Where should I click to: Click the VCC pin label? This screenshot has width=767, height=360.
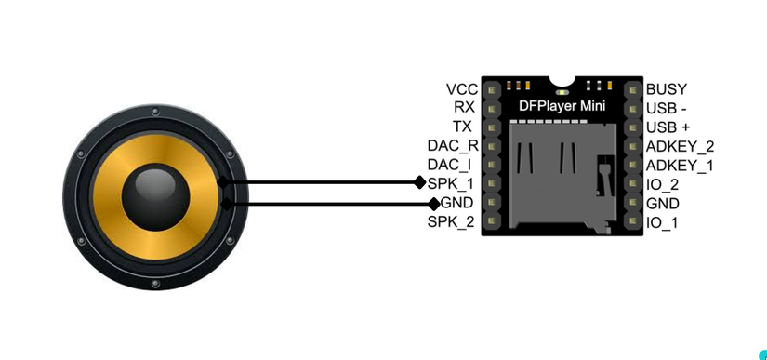point(461,89)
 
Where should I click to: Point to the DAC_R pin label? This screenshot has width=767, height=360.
point(453,146)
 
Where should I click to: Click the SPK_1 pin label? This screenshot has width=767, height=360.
point(451,183)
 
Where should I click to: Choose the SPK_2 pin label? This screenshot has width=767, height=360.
point(451,221)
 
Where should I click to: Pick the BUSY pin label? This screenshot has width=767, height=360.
point(667,89)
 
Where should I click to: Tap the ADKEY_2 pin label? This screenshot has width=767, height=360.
point(680,146)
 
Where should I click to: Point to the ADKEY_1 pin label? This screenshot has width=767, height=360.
point(679,165)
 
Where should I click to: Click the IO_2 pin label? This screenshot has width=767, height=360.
point(662,184)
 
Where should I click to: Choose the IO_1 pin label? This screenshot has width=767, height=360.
point(662,222)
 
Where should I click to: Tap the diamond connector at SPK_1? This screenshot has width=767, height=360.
point(419,183)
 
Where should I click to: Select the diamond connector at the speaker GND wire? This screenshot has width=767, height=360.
point(433,203)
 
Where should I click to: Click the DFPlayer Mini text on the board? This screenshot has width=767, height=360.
point(562,107)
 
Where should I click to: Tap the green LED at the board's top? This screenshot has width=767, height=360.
point(561,91)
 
